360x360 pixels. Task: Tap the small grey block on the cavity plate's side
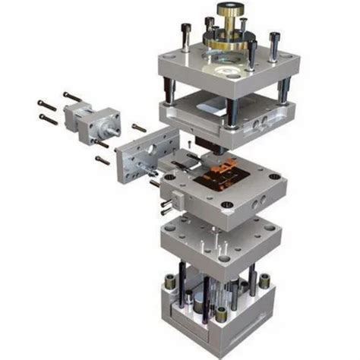[x=177, y=200]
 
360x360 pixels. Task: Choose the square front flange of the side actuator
[x=106, y=122]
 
